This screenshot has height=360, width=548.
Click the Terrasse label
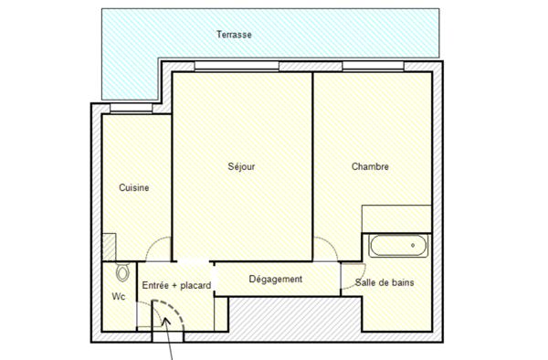click(x=234, y=35)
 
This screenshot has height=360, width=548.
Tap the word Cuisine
click(x=134, y=187)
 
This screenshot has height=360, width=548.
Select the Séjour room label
click(x=241, y=166)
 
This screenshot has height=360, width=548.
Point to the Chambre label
click(x=371, y=166)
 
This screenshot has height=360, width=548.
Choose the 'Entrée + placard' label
click(x=176, y=286)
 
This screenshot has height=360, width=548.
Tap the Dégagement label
click(x=275, y=279)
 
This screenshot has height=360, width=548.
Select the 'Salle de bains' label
click(x=385, y=283)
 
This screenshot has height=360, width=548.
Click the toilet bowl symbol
click(x=122, y=272)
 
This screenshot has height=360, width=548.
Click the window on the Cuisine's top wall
click(x=129, y=110)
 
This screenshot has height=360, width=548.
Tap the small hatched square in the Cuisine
click(x=109, y=246)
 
